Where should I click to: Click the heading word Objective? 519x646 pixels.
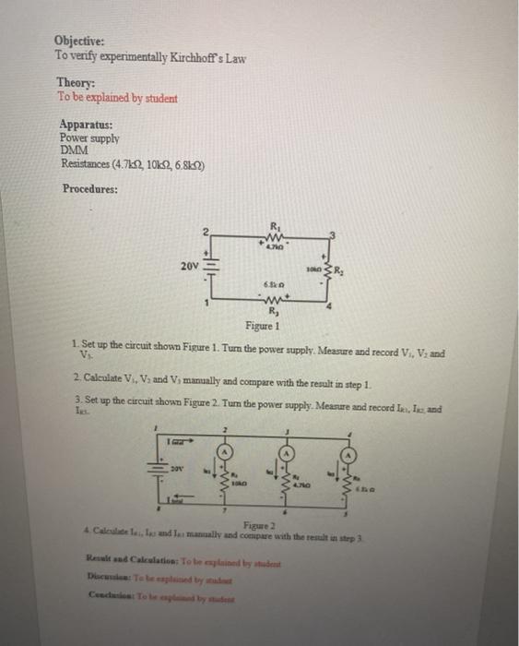[79, 42]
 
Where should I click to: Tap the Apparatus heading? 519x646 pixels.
[86, 123]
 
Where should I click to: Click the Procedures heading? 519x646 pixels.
[90, 189]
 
